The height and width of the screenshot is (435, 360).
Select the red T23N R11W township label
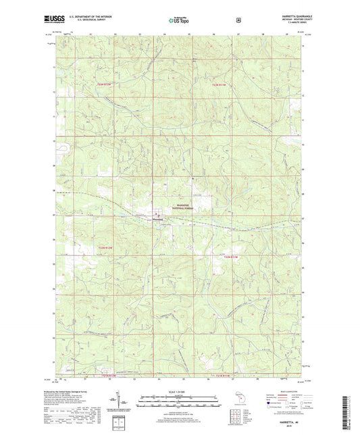tap(222, 84)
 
